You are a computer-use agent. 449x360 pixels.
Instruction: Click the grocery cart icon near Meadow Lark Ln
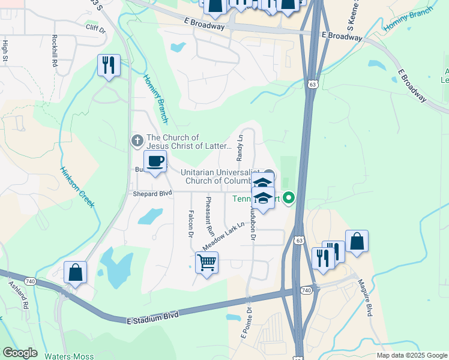[x=206, y=262]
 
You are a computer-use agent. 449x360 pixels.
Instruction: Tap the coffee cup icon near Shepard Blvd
[x=155, y=161]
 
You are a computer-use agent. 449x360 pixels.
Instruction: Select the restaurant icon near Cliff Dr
[x=109, y=65]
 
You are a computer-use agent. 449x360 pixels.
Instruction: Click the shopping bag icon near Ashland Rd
[x=76, y=272]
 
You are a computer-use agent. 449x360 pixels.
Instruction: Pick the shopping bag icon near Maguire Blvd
[x=357, y=241]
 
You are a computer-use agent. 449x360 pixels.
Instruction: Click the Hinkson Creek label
[x=78, y=187]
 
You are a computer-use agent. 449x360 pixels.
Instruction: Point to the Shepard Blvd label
[x=152, y=193]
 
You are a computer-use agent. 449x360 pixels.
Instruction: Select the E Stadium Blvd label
[x=154, y=317]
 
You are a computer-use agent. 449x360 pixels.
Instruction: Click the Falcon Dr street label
[x=190, y=223]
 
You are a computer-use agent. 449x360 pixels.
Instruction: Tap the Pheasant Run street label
[x=209, y=215]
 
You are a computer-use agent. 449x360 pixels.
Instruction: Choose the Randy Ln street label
[x=240, y=147]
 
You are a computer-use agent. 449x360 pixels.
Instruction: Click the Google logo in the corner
[x=20, y=353]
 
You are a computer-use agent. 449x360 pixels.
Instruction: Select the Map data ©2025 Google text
[x=411, y=355]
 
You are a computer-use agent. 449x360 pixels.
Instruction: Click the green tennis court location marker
[x=289, y=197]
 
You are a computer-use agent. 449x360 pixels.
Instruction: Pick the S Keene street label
[x=353, y=16]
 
